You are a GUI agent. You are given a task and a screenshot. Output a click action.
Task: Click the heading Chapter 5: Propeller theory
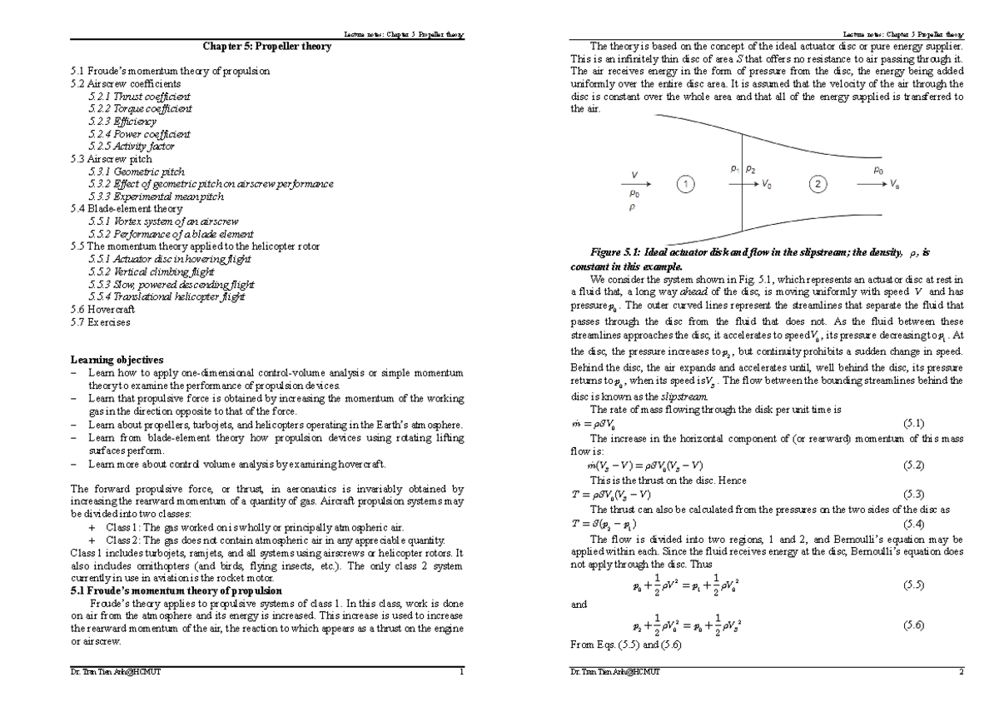tap(266, 47)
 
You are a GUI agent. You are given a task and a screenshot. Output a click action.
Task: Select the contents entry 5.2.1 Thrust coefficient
tap(139, 97)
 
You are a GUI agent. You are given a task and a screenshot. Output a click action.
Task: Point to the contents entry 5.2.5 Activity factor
tap(132, 146)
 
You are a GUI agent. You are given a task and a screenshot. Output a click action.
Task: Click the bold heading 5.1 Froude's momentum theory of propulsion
tap(176, 590)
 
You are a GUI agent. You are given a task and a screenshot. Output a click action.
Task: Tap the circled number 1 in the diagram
tap(684, 185)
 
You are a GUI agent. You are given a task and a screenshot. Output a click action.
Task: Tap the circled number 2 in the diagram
tap(820, 185)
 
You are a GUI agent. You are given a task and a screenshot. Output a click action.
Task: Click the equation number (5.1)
tap(913, 423)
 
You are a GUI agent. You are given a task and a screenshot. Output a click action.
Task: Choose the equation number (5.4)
tap(913, 524)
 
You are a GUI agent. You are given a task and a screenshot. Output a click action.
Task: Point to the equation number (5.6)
tap(913, 625)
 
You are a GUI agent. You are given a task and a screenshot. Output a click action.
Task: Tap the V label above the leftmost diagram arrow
tap(635, 175)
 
